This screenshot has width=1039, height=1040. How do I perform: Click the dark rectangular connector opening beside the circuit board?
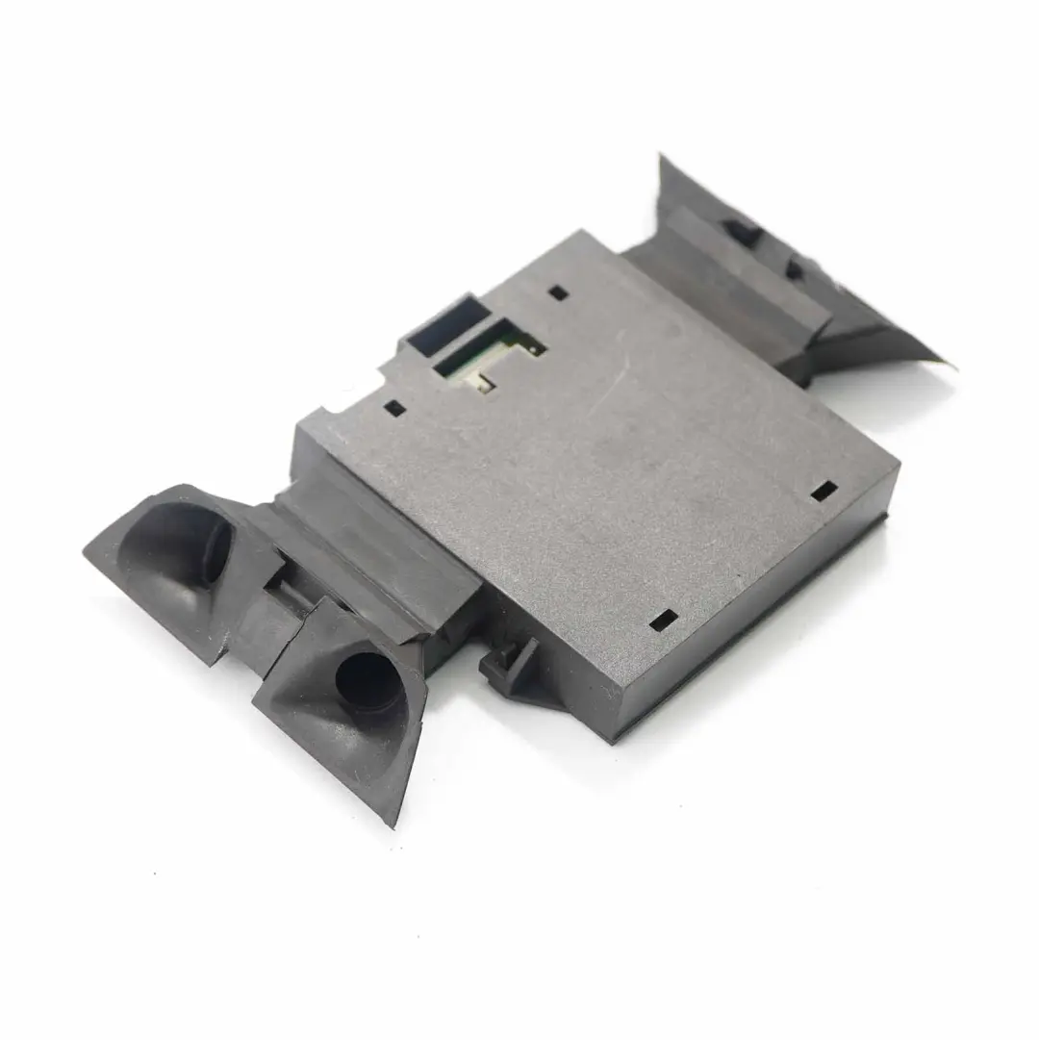(442, 321)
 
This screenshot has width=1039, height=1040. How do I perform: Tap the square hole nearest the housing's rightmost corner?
(823, 491)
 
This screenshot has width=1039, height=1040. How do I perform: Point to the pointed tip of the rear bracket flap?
(943, 363)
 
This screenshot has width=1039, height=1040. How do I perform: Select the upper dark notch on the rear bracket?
(739, 231)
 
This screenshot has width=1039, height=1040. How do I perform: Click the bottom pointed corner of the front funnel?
(393, 823)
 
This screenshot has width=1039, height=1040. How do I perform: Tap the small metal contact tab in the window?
(484, 382)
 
